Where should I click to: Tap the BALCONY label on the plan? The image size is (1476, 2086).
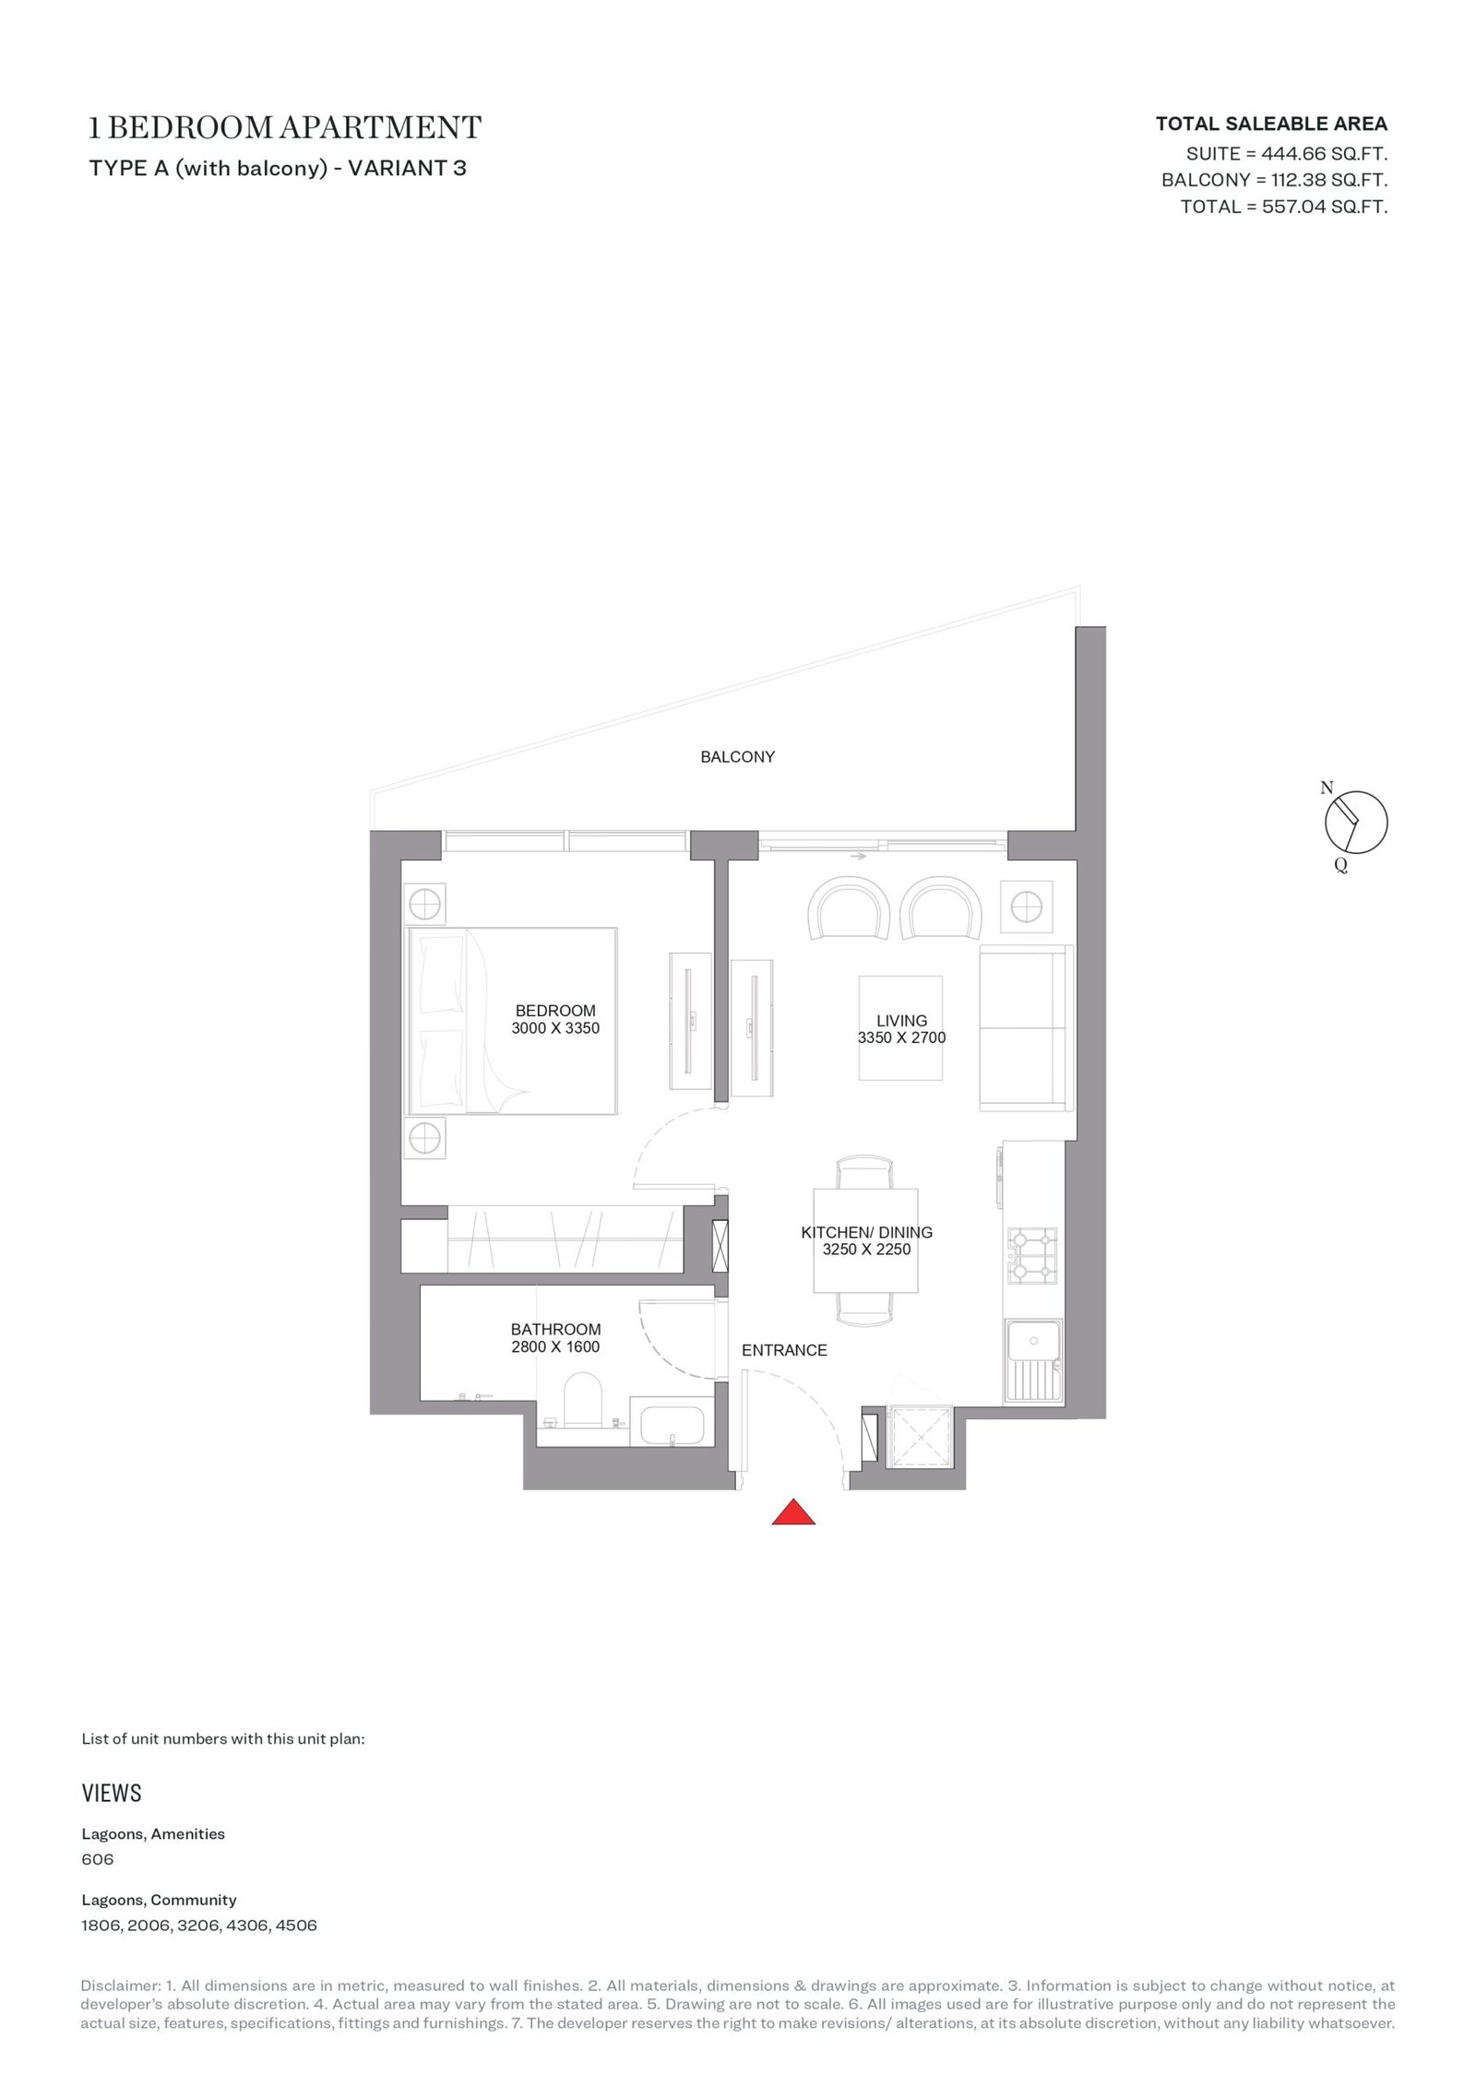click(737, 757)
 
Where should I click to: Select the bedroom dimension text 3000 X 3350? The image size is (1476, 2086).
click(555, 1028)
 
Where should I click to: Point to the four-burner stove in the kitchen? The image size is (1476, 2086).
click(1032, 1255)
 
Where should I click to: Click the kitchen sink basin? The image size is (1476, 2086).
click(1033, 1343)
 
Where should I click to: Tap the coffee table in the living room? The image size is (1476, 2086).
click(900, 1027)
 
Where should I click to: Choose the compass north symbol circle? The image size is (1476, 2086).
click(1355, 822)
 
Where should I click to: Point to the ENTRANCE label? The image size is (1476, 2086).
click(784, 1350)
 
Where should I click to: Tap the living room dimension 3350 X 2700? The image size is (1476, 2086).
click(901, 1037)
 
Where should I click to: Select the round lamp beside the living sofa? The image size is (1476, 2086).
click(1026, 908)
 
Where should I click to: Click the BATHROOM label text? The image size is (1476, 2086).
click(555, 1329)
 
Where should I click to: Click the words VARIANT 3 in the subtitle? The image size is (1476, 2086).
click(407, 168)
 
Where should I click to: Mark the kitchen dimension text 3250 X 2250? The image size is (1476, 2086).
click(866, 1250)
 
